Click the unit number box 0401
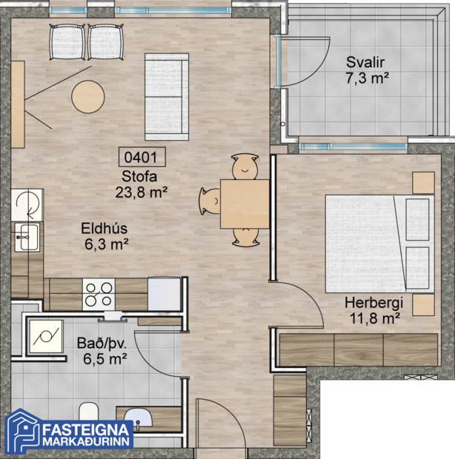click(141, 157)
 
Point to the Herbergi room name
click(374, 303)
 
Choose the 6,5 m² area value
click(104, 359)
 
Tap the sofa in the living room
click(167, 96)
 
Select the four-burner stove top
click(99, 294)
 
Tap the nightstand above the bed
click(423, 182)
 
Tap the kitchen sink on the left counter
click(27, 238)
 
